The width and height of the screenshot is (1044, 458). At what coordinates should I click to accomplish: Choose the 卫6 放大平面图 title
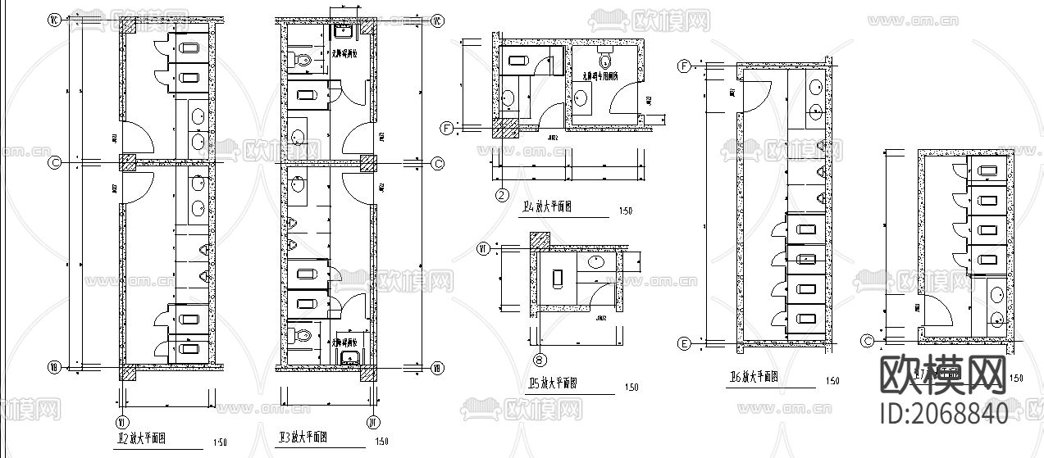tap(753, 378)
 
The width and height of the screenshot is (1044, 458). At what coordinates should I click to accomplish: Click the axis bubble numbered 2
tap(502, 194)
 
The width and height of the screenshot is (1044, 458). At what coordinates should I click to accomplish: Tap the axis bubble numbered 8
tap(539, 358)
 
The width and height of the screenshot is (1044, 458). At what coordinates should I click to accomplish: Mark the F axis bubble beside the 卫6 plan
tap(683, 66)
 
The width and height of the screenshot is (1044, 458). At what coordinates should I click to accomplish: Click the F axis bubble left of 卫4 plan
tap(447, 128)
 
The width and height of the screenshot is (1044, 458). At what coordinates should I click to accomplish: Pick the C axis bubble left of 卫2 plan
tap(55, 163)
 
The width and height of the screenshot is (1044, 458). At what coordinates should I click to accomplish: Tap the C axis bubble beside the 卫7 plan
tap(868, 341)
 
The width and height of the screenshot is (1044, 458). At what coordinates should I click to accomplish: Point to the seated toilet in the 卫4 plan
tap(606, 59)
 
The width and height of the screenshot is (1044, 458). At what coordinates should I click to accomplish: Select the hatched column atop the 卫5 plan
tap(540, 241)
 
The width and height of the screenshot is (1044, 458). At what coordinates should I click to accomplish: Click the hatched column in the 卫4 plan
tap(504, 128)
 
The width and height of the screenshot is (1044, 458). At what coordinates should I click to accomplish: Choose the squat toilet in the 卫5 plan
tap(558, 279)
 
